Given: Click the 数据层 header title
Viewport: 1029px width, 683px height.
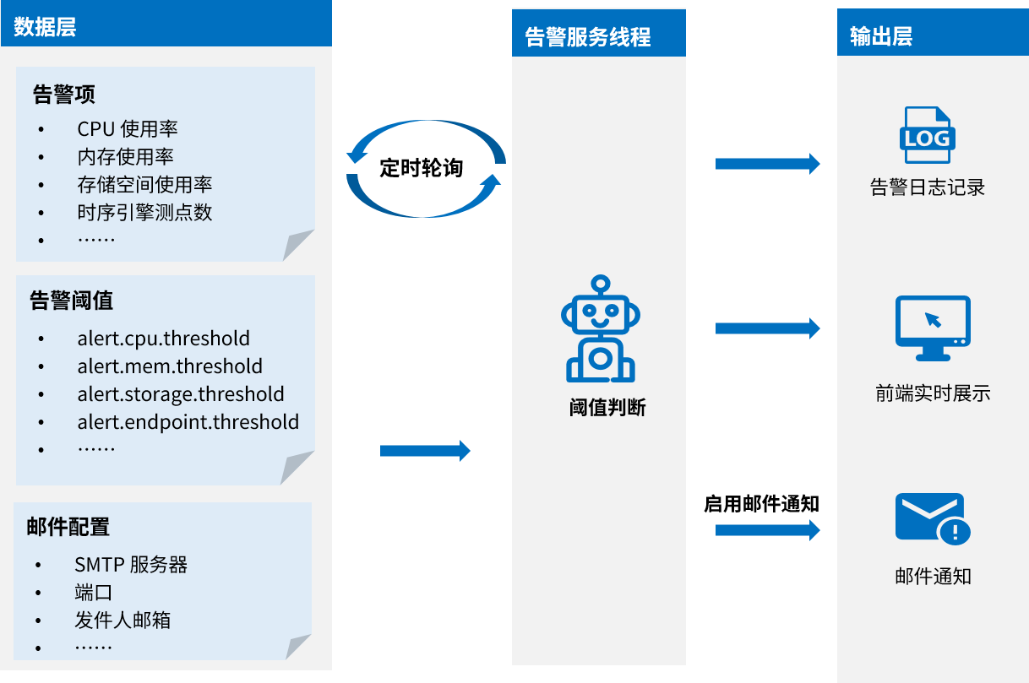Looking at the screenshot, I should [x=45, y=27].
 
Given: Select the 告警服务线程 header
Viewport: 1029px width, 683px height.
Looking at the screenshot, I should [x=588, y=37].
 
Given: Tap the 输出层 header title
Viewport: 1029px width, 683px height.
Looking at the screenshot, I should [x=881, y=37].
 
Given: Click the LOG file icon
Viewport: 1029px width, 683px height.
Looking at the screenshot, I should [x=928, y=135].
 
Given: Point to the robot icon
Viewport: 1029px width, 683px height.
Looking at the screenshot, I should [x=600, y=328].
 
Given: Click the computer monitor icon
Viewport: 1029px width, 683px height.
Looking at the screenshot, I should [x=932, y=328].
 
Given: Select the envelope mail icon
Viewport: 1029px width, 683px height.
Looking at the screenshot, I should [x=932, y=518].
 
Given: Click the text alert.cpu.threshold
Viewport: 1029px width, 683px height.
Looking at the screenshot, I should [x=164, y=339].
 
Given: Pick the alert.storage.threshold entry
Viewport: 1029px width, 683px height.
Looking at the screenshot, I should [x=181, y=394].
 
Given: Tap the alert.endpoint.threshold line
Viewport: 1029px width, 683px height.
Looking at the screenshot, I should [x=188, y=422].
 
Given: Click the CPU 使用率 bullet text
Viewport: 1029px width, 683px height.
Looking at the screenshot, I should [x=128, y=129].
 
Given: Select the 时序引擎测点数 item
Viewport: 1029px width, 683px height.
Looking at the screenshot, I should [x=144, y=212].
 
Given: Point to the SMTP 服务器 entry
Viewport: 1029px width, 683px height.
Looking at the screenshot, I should [x=131, y=565].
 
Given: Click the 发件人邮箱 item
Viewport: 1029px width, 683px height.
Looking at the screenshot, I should [x=122, y=621].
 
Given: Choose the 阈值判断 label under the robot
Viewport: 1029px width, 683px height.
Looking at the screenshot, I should [x=607, y=408].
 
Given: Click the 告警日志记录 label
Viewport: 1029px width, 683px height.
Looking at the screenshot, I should [x=928, y=187].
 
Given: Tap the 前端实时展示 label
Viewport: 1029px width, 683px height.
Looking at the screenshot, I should [x=933, y=393].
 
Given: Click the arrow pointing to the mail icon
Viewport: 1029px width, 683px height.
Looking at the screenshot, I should [x=767, y=530].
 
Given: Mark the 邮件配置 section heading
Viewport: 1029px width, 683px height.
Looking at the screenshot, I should [x=68, y=527].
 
